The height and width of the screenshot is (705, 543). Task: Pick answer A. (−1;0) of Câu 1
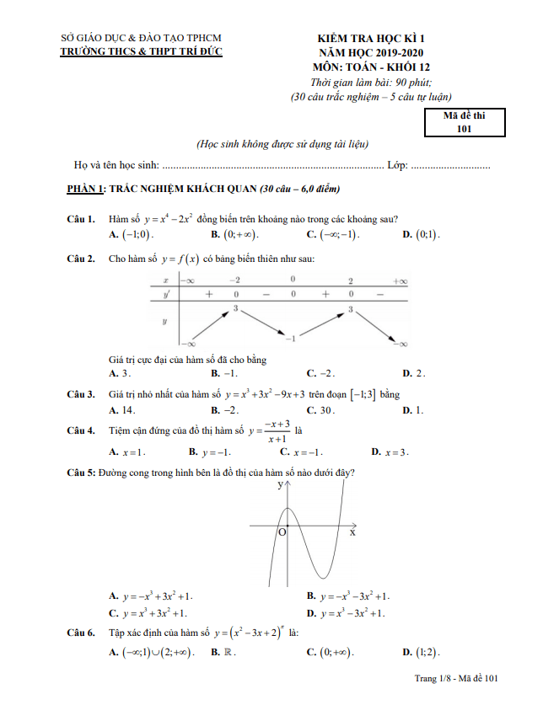tap(132, 234)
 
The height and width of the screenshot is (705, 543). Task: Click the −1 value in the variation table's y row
tap(289, 338)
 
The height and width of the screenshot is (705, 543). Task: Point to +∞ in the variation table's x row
tap(400, 280)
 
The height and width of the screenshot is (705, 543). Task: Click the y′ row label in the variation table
tap(165, 295)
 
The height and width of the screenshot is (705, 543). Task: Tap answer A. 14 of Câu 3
tap(123, 410)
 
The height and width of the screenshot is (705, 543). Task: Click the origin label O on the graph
tap(282, 532)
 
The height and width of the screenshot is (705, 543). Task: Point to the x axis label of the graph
tap(352, 532)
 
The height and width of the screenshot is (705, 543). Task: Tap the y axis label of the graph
tap(279, 486)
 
